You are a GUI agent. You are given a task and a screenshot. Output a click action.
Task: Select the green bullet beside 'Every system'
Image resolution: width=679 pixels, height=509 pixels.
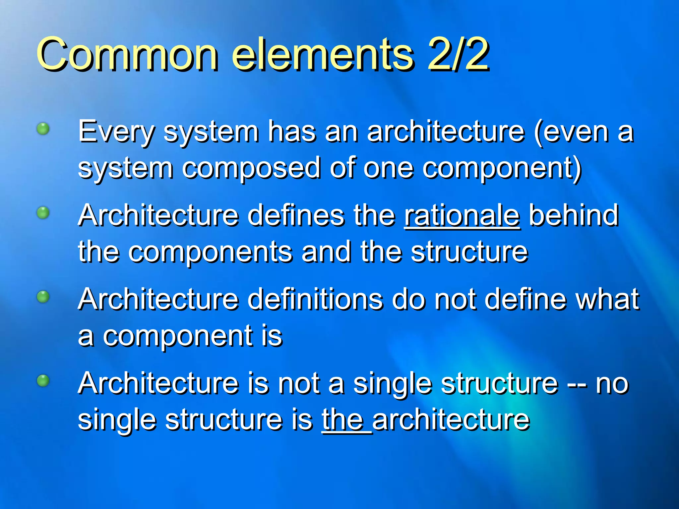43,128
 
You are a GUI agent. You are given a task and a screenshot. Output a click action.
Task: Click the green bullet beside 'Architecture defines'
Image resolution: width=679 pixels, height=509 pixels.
43,212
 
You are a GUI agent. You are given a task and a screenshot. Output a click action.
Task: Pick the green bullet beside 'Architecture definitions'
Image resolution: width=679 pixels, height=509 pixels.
43,297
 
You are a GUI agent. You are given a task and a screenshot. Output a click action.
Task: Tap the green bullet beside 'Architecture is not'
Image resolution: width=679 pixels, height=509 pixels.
43,380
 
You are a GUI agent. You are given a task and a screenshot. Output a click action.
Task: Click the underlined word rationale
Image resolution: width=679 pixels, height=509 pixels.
462,216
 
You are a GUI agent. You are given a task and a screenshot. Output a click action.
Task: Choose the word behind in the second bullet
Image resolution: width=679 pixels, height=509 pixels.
574,216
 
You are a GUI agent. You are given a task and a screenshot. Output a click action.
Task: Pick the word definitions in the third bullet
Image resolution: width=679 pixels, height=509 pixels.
315,300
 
